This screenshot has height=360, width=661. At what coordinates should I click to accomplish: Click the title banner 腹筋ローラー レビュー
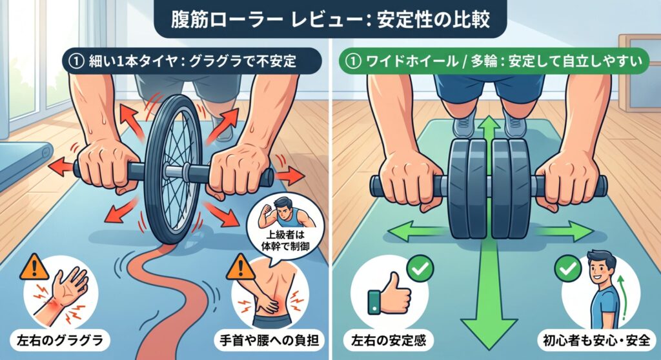330,19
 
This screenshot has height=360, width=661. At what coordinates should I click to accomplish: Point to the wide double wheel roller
489,189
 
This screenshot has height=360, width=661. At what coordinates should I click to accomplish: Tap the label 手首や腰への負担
269,341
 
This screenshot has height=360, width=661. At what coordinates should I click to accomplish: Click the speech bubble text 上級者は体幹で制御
285,240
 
